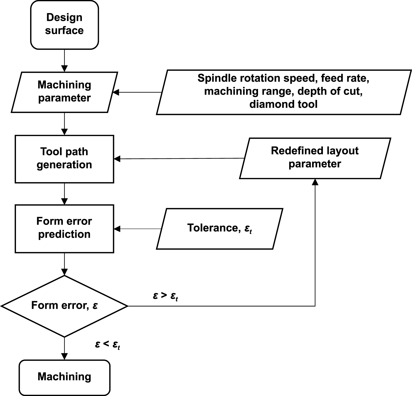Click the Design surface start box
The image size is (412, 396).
pos(64,24)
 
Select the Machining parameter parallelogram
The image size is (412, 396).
pos(64,92)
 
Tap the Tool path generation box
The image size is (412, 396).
pos(64,159)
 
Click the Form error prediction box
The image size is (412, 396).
pos(64,228)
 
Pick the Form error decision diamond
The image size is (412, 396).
pos(64,306)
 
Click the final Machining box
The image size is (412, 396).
pos(64,377)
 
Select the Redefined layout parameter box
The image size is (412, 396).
pos(315,158)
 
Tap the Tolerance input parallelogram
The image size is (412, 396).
pos(220,228)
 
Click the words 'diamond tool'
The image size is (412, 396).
pos(283,104)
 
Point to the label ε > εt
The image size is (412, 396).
pos(165,296)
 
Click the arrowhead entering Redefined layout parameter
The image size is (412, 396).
pos(315,182)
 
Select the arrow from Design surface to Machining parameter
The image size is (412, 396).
pos(64,61)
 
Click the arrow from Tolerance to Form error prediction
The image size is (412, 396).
pos(138,229)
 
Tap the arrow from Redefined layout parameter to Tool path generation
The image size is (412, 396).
pos(179,159)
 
